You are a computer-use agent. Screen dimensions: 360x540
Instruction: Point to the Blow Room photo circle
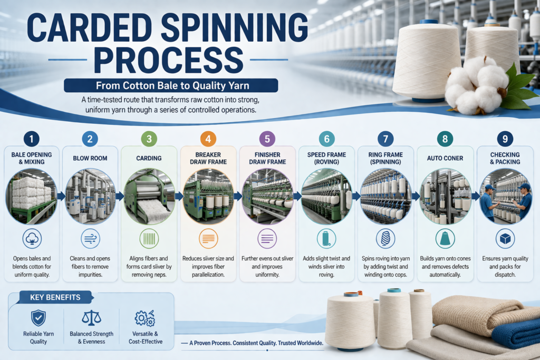[x=90, y=196]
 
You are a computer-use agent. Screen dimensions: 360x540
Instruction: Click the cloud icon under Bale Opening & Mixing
[x=32, y=239]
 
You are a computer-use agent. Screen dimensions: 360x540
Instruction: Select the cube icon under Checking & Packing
[x=505, y=239]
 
